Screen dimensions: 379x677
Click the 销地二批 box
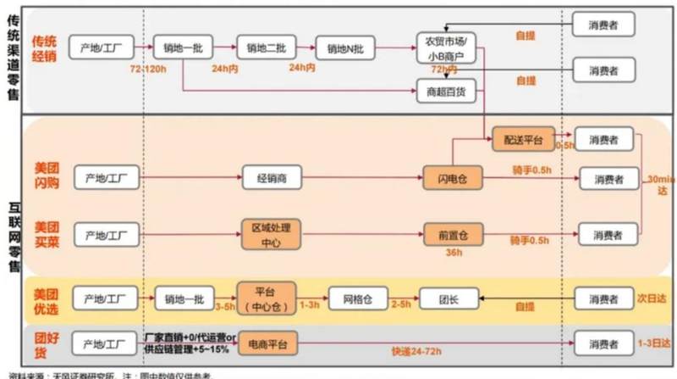[x=262, y=47]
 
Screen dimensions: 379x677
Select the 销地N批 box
[x=342, y=47]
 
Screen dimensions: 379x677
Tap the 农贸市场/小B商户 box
[x=448, y=47]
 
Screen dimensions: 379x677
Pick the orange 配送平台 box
[x=522, y=138]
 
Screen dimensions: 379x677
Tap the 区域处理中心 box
[x=271, y=232]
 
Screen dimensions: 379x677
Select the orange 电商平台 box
[x=268, y=343]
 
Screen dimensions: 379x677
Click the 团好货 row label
[x=47, y=343]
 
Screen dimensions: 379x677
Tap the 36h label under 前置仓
[x=453, y=252]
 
